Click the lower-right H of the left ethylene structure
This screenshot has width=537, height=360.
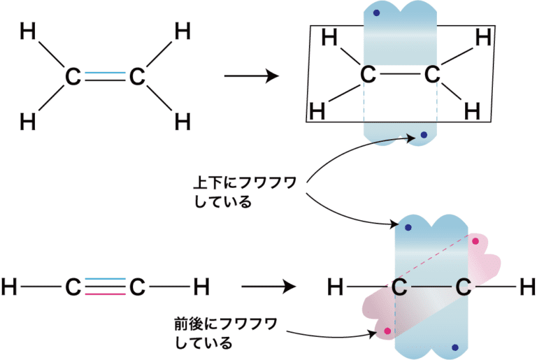click(182, 122)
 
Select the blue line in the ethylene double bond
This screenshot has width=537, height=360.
click(105, 72)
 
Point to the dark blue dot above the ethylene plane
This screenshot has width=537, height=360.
click(376, 13)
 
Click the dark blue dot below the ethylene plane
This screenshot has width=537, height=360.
click(423, 134)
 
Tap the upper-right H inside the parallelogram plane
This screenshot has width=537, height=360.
click(482, 37)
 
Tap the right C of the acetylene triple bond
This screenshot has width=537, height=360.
click(137, 286)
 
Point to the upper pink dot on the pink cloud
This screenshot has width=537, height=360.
click(475, 242)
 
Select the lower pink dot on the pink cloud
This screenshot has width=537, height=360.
click(386, 331)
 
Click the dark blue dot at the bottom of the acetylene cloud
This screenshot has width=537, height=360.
click(454, 347)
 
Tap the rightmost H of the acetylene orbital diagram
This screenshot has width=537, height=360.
click(529, 286)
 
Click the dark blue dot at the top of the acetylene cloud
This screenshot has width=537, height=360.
click(408, 228)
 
